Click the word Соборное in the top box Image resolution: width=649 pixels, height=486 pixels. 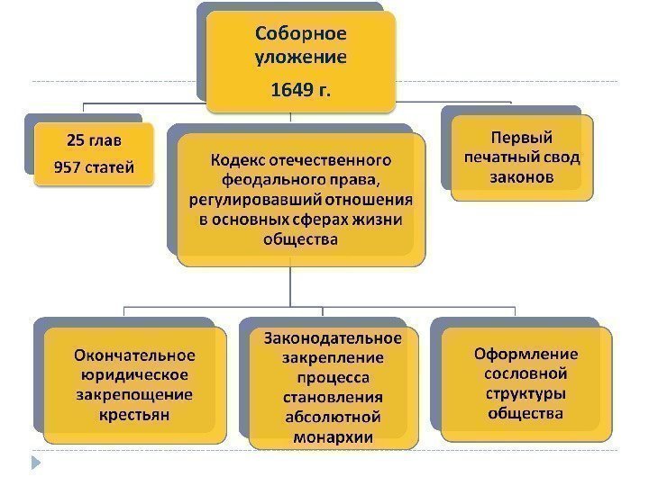(301, 35)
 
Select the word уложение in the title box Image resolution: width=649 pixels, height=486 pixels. (301, 58)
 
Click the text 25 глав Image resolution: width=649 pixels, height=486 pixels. (94, 139)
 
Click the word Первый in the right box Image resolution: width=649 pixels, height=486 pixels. (522, 138)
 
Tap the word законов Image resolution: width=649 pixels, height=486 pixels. (522, 177)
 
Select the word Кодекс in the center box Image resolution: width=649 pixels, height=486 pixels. (237, 160)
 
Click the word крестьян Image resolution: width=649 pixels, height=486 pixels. (134, 415)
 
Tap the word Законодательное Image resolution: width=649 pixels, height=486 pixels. (333, 338)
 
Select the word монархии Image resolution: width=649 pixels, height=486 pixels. (333, 437)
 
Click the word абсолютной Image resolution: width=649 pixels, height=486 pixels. (333, 418)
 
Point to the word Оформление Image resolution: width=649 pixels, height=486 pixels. (526, 354)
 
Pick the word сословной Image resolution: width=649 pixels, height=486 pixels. (526, 373)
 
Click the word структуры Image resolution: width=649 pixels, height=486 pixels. (526, 393)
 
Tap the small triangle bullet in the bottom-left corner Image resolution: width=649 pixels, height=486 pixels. (36, 463)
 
